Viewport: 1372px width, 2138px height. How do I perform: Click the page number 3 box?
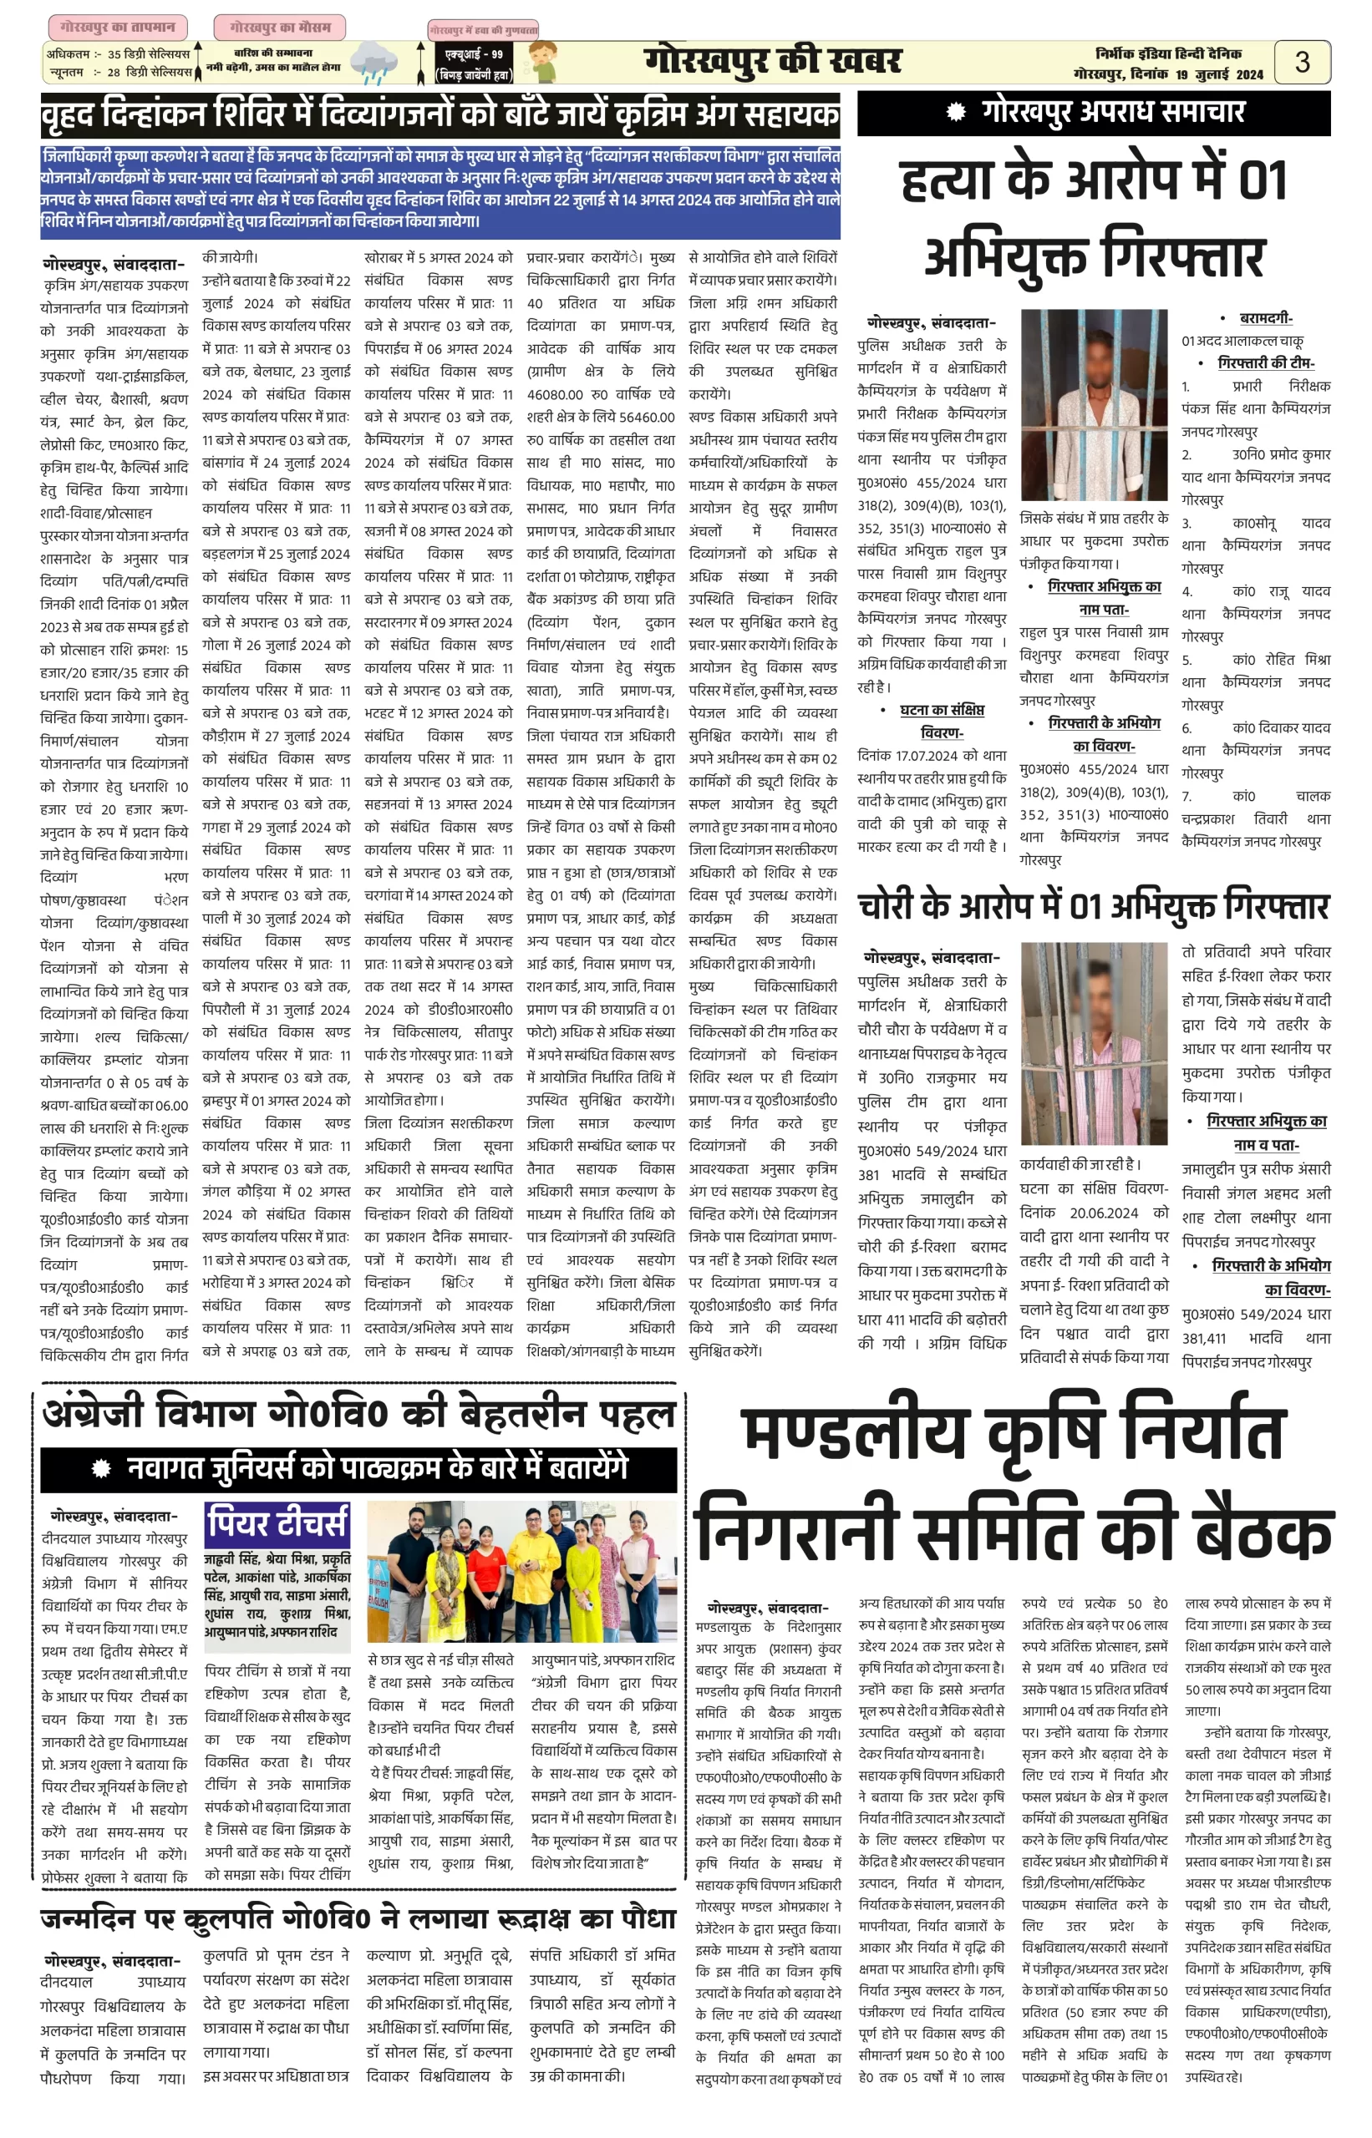(1302, 62)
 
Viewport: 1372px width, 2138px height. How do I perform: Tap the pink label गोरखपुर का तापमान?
(118, 27)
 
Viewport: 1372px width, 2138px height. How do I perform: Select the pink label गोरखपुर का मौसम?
(280, 27)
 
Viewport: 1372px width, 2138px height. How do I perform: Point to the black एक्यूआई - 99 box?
(474, 64)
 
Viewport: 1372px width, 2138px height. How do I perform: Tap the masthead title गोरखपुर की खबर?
(771, 62)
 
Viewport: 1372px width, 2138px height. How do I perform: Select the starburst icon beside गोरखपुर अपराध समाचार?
(956, 112)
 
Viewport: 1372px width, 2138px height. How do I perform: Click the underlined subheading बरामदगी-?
(1265, 318)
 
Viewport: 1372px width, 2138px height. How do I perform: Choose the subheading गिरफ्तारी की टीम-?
(1265, 362)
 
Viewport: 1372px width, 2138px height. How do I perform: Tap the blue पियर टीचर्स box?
(277, 1522)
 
